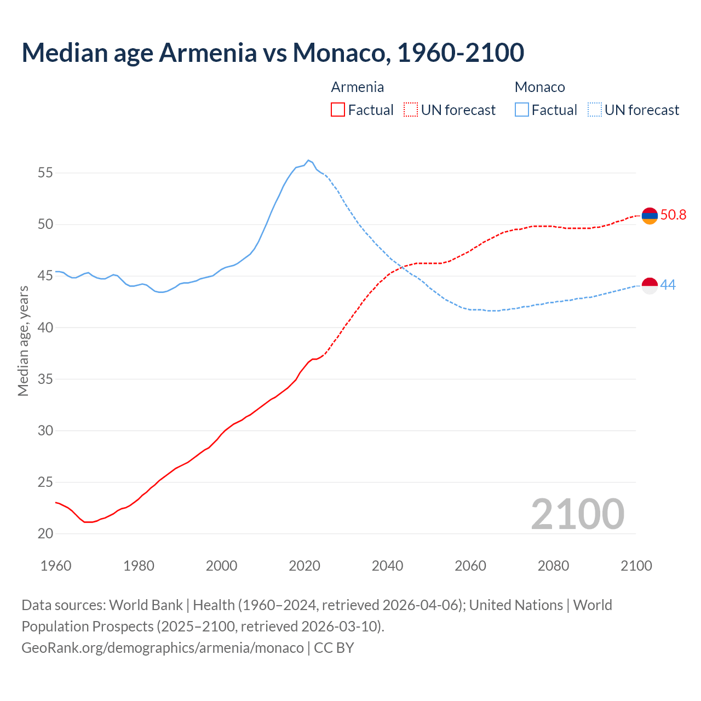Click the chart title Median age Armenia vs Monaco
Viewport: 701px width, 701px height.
click(273, 53)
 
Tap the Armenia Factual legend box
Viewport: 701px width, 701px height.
click(338, 110)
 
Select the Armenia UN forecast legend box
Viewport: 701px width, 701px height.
click(411, 110)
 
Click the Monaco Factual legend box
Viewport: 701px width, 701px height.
click(522, 110)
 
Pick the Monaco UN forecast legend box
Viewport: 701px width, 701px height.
click(594, 110)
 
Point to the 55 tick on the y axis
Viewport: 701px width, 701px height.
click(45, 173)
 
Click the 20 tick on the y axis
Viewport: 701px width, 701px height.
click(45, 533)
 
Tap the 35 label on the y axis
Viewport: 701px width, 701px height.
click(45, 379)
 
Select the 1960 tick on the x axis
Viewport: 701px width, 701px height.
click(56, 566)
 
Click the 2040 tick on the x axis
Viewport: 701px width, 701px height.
click(388, 566)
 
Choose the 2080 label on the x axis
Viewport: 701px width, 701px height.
click(553, 566)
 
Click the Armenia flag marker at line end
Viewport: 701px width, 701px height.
click(650, 216)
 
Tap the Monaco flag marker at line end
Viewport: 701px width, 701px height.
click(650, 285)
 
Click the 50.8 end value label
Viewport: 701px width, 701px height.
click(673, 215)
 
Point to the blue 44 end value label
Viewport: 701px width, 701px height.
click(668, 285)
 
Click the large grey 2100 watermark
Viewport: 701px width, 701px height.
click(577, 514)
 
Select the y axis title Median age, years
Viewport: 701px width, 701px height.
click(23, 341)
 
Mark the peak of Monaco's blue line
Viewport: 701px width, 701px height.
click(308, 160)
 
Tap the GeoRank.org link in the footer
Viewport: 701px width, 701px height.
click(162, 647)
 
